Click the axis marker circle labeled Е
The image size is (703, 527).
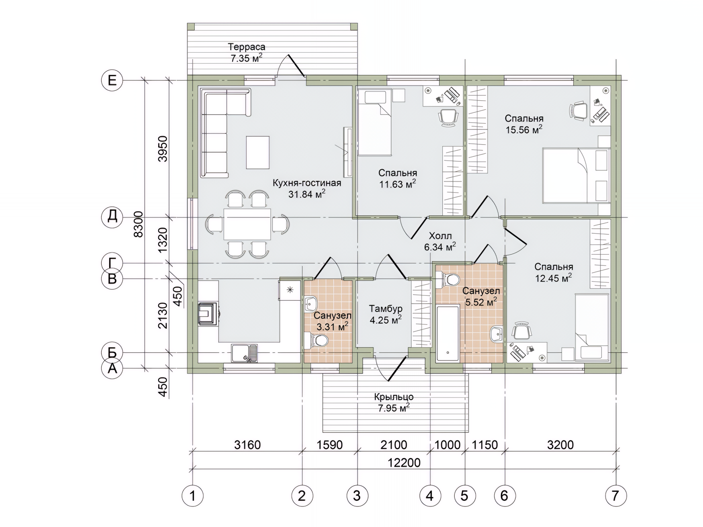point(112,80)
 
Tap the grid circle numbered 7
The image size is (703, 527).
point(615,496)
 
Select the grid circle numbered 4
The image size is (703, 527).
point(430,496)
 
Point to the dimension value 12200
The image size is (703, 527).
point(404,463)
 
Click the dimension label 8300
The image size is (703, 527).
point(138,224)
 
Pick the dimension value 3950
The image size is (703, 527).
point(163,149)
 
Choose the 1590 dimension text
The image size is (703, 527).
point(330,445)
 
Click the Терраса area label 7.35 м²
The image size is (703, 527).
point(247,58)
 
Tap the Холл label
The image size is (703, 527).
point(440,236)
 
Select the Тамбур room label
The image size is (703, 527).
point(386,309)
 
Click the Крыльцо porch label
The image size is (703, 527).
point(394,397)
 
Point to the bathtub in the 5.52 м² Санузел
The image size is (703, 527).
point(447,333)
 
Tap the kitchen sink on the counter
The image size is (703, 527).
point(244,353)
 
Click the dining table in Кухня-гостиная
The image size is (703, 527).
point(247,224)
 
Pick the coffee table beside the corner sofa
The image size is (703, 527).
point(258,152)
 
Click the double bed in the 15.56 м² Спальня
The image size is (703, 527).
point(576,175)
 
